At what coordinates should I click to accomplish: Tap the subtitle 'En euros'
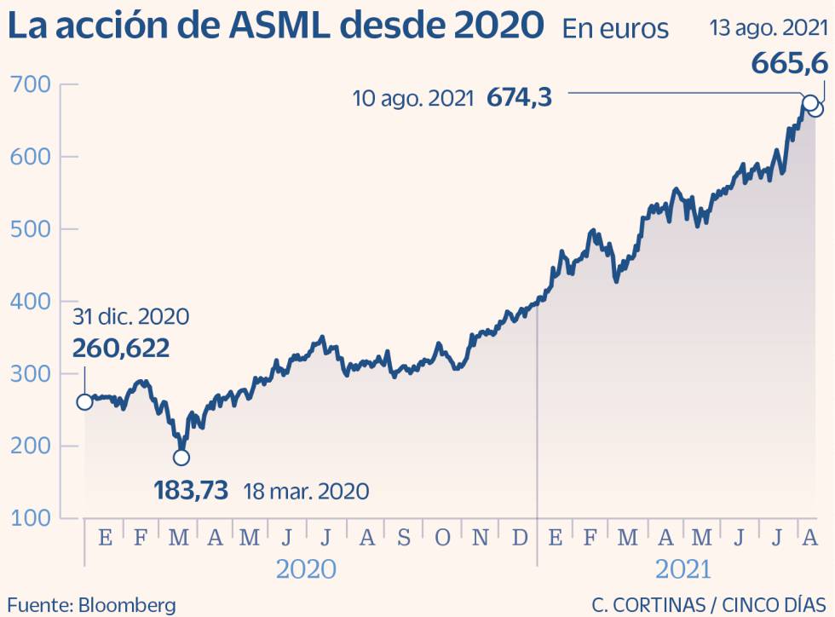click(x=615, y=30)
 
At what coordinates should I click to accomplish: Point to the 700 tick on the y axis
click(x=31, y=84)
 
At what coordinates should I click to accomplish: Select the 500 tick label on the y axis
click(x=31, y=229)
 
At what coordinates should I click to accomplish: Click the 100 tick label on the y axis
click(x=31, y=518)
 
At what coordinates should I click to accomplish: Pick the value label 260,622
click(x=120, y=348)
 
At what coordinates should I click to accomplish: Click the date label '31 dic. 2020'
click(x=130, y=317)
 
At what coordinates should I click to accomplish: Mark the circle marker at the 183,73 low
click(x=181, y=458)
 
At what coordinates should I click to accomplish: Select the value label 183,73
click(x=191, y=491)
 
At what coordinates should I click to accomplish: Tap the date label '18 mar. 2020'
click(x=306, y=492)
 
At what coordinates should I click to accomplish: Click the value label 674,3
click(x=519, y=98)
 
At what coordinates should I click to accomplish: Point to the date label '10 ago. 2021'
click(x=413, y=99)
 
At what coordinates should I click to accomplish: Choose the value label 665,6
click(x=789, y=64)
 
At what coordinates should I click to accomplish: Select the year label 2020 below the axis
click(x=305, y=568)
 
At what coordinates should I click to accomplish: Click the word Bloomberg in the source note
click(x=128, y=605)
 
